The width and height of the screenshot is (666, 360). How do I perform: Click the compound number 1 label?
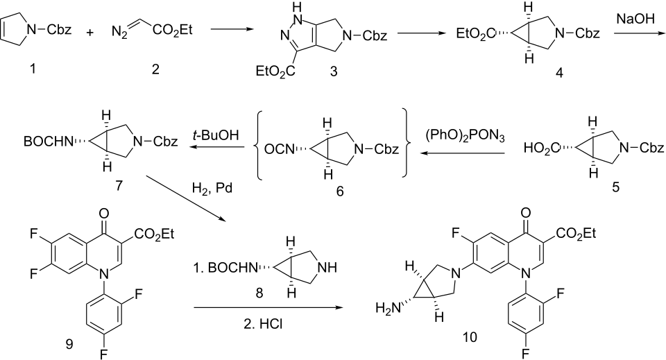pyautogui.click(x=22, y=70)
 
